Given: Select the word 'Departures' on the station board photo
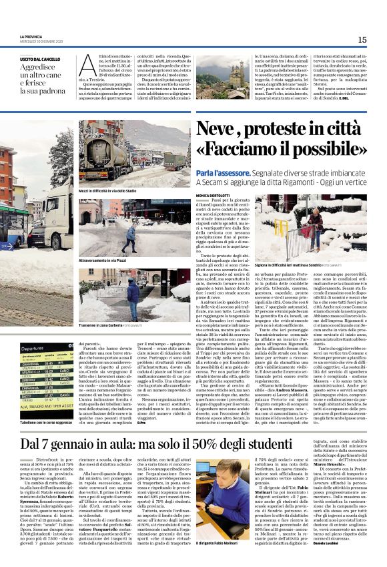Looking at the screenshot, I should [32, 349].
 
